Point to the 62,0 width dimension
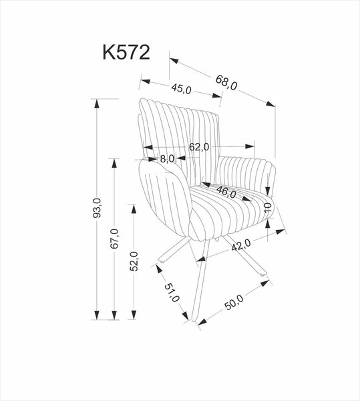(x=198, y=146)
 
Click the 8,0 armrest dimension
(x=166, y=158)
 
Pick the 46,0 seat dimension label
(x=225, y=193)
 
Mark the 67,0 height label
(x=114, y=239)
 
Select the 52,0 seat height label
(x=134, y=261)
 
